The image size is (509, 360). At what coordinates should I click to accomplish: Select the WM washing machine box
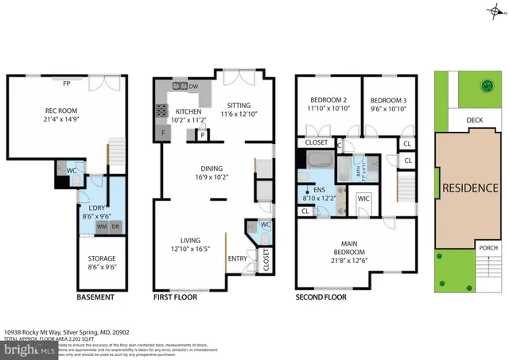coord(102,226)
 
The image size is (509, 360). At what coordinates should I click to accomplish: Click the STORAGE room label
coord(101,258)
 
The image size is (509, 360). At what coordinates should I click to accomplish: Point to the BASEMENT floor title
coord(95,297)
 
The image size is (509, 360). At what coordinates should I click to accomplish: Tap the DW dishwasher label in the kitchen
coord(193,87)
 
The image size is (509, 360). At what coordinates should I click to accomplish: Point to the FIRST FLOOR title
coord(177,297)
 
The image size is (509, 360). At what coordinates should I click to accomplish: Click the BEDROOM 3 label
coord(387,99)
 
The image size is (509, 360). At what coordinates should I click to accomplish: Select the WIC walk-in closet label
coord(363,198)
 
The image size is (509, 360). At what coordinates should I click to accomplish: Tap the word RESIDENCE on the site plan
coord(470,188)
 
